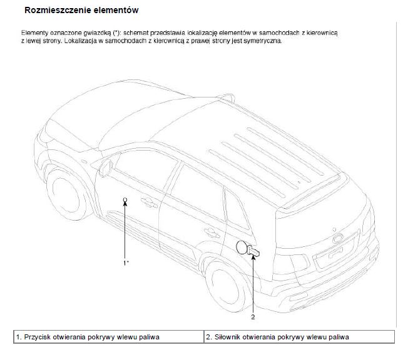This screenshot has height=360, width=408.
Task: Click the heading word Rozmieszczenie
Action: click(58, 10)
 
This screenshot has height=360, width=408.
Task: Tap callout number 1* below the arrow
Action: click(126, 262)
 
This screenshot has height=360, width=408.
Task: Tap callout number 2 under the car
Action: click(253, 317)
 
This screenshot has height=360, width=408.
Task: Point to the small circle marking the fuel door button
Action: click(125, 199)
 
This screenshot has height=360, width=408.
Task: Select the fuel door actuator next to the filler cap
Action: click(253, 250)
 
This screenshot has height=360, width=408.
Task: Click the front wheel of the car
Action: click(66, 194)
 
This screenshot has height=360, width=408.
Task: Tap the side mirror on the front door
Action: click(105, 167)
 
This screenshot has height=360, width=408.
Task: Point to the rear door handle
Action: click(212, 232)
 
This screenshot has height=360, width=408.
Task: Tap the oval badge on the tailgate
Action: click(339, 238)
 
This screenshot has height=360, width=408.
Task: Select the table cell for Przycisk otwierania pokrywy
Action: click(109, 337)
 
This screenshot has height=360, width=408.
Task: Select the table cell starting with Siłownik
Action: click(299, 337)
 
